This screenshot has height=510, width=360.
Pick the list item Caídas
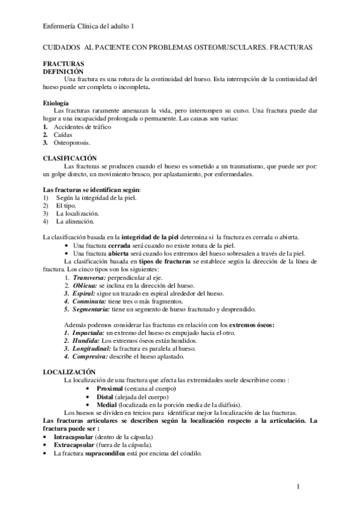tap(63, 135)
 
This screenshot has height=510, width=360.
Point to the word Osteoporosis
tap(72, 143)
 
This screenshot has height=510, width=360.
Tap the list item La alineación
tap(75, 221)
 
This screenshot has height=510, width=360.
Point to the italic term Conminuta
tap(89, 301)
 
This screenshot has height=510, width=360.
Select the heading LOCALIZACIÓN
tap(69, 372)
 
